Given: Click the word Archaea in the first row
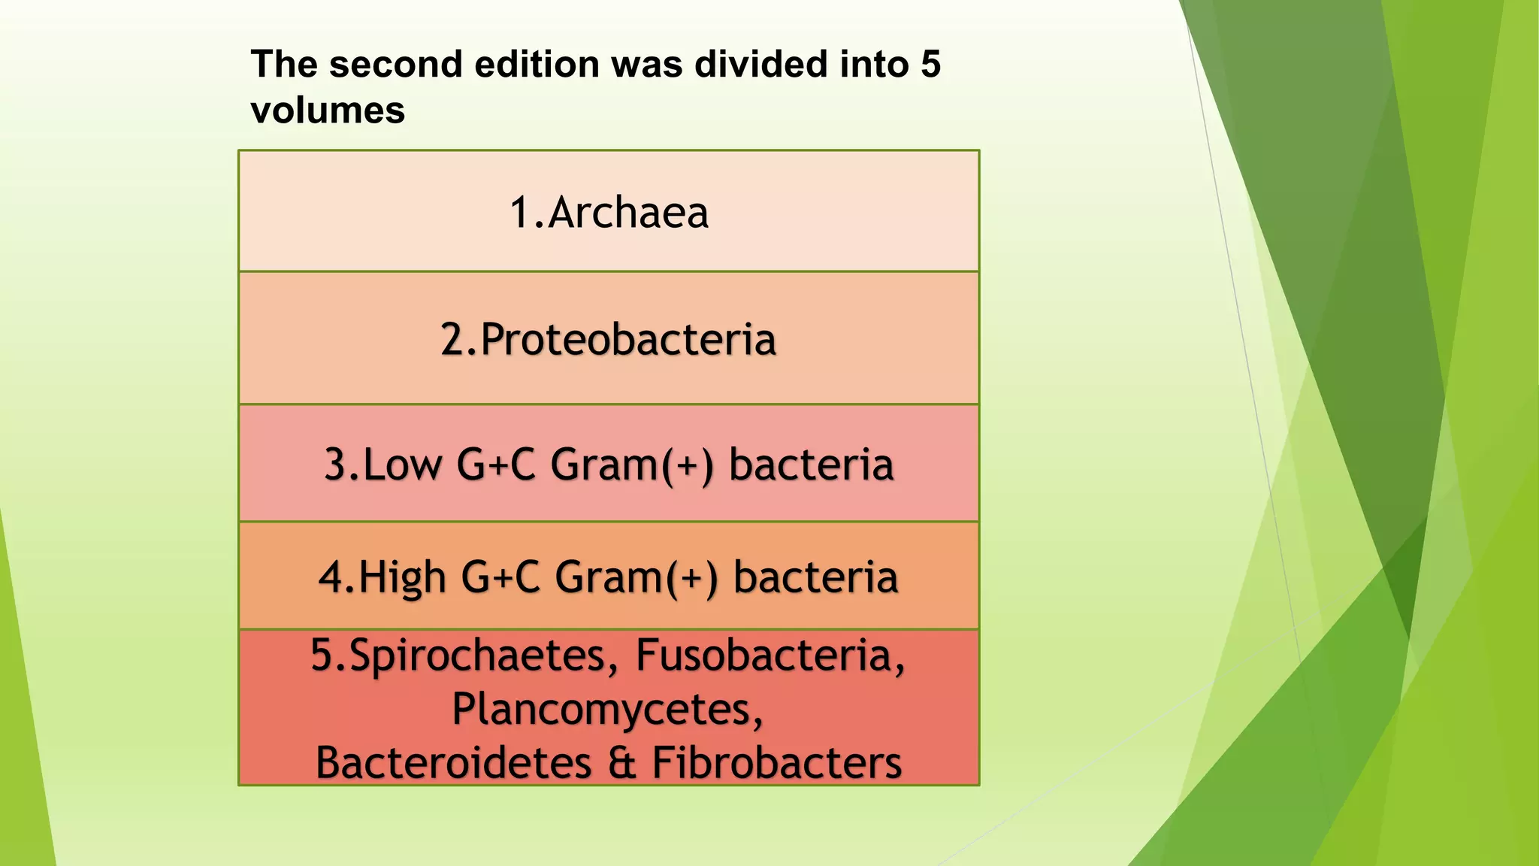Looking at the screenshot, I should point(628,213).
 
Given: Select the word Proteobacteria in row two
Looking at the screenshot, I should point(627,339).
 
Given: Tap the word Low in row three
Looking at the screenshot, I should point(403,464).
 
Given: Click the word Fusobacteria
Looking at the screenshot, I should point(769,655).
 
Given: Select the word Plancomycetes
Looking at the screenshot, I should point(606,709).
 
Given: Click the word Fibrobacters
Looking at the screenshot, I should point(776,762).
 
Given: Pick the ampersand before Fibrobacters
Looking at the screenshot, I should point(622,763).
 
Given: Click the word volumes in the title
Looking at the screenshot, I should point(328,111).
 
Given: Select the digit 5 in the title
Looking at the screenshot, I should point(930,64).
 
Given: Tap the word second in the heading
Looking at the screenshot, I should point(397,64).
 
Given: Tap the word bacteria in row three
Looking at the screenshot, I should point(811,464).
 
